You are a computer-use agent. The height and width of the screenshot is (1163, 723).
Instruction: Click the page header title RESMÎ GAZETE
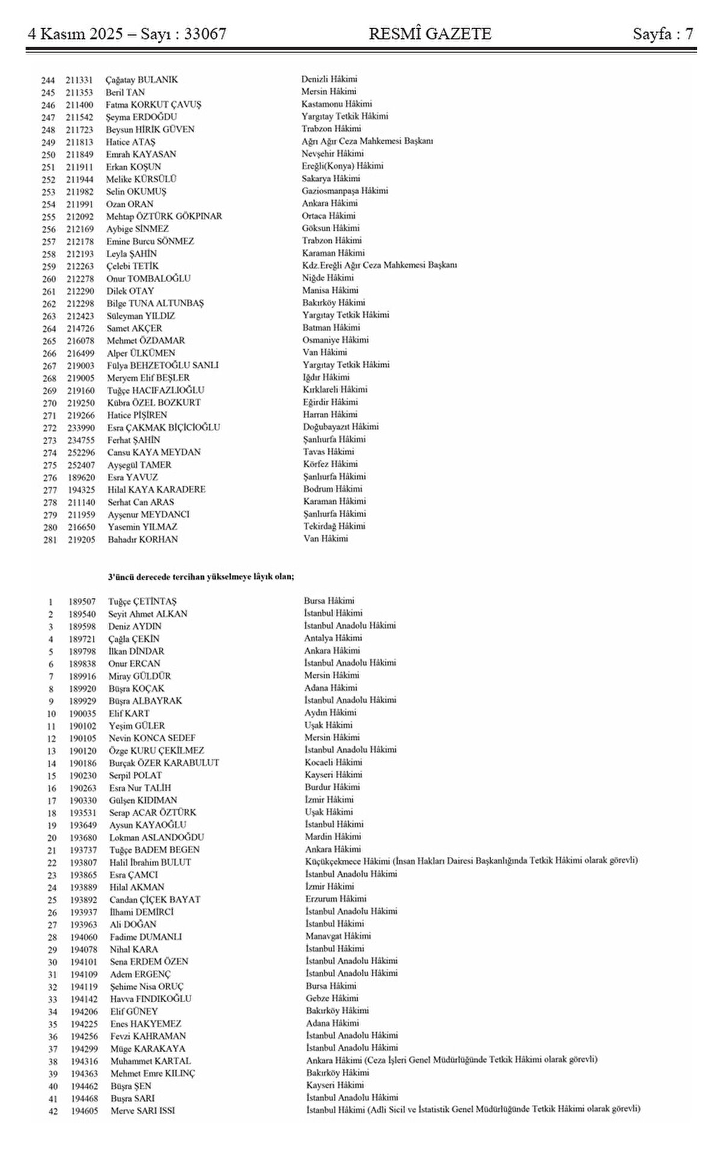[430, 34]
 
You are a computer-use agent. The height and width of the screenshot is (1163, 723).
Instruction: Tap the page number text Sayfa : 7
[663, 34]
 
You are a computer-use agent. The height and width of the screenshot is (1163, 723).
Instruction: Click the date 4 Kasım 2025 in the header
[78, 34]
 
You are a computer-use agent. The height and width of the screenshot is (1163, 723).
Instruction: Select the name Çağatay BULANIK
[142, 80]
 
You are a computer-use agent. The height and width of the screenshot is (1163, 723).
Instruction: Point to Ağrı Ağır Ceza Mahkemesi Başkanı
[367, 141]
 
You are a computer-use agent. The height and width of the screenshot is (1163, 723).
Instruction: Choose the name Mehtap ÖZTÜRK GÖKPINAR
[164, 216]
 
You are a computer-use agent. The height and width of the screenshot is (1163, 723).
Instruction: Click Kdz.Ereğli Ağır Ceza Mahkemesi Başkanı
[380, 265]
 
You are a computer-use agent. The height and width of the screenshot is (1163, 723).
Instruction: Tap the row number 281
[49, 540]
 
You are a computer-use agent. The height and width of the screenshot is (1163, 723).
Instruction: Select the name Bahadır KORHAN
[143, 539]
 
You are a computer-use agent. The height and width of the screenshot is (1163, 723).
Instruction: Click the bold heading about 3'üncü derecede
[201, 577]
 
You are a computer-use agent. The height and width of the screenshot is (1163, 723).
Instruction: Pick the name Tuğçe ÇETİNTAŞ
[142, 601]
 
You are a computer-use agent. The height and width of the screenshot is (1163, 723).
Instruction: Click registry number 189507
[81, 601]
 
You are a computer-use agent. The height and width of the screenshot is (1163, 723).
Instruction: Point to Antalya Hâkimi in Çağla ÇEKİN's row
[333, 638]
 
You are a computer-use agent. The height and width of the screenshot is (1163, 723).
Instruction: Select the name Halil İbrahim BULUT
[150, 862]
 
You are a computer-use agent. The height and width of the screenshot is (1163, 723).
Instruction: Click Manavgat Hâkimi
[338, 936]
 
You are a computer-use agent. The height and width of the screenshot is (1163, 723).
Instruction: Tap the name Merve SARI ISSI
[143, 1111]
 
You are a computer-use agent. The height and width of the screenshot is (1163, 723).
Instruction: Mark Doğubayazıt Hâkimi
[340, 427]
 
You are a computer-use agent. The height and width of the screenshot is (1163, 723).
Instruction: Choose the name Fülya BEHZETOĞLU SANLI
[163, 365]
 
